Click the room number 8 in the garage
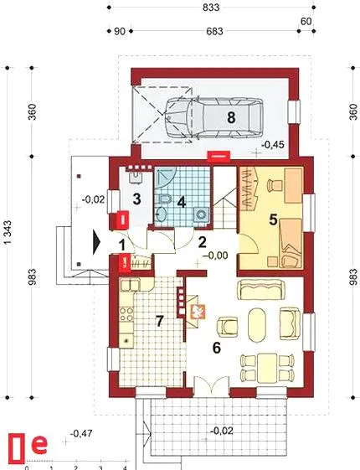pos(231,117)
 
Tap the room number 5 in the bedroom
pos(273,220)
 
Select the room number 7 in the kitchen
pos(159,322)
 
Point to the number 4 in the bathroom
pos(182,203)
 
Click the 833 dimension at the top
pos(211,8)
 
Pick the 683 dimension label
pos(214,31)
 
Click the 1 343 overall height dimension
pos(8,233)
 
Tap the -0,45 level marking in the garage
pos(273,145)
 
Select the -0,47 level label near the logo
pos(81,433)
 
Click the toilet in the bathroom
pos(164,199)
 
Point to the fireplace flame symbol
pos(197,311)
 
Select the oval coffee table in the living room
pos(257,324)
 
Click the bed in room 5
pos(291,243)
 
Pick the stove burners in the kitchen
pos(126,314)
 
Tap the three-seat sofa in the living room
pos(261,289)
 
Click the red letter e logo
pos(39,445)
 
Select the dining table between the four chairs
pos(267,368)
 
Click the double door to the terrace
pos(212,385)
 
